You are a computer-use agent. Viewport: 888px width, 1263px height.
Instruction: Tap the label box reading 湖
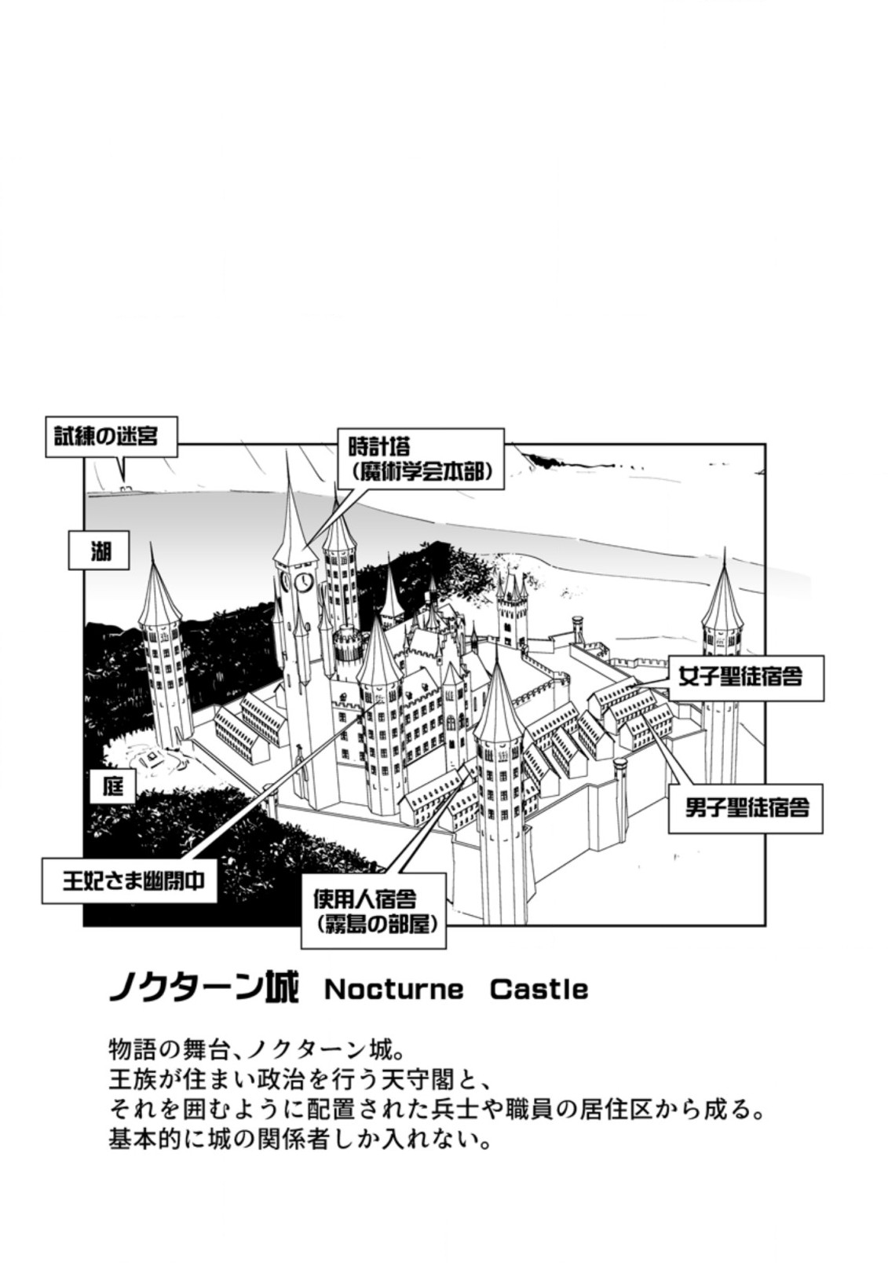tap(100, 551)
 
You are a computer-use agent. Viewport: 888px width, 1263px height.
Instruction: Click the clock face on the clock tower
tap(303, 582)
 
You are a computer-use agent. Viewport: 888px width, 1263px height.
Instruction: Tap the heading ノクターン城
tap(204, 989)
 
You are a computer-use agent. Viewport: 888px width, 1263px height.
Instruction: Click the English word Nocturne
tap(393, 990)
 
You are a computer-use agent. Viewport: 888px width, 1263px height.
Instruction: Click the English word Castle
tap(539, 990)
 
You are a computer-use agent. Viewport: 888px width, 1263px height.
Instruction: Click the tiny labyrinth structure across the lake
tap(126, 488)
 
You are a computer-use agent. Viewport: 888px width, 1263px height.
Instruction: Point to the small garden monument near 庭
tap(150, 758)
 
